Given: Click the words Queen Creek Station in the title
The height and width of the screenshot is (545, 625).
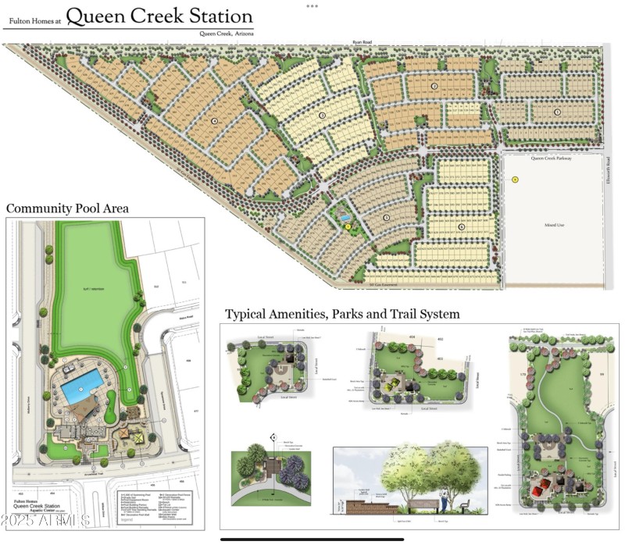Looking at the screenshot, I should point(159,16).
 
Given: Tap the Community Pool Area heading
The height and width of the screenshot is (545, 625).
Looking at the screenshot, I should point(67,208).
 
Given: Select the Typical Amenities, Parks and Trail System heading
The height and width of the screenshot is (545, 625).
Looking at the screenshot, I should point(342,314).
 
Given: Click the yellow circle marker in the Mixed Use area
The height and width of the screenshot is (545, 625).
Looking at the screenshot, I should point(515,180).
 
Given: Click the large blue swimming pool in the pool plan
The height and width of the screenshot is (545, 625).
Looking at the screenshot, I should point(82,386).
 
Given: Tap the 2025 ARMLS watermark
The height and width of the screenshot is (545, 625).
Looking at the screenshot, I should point(47,519).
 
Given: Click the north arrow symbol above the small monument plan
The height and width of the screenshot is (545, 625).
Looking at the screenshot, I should point(273,437).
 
